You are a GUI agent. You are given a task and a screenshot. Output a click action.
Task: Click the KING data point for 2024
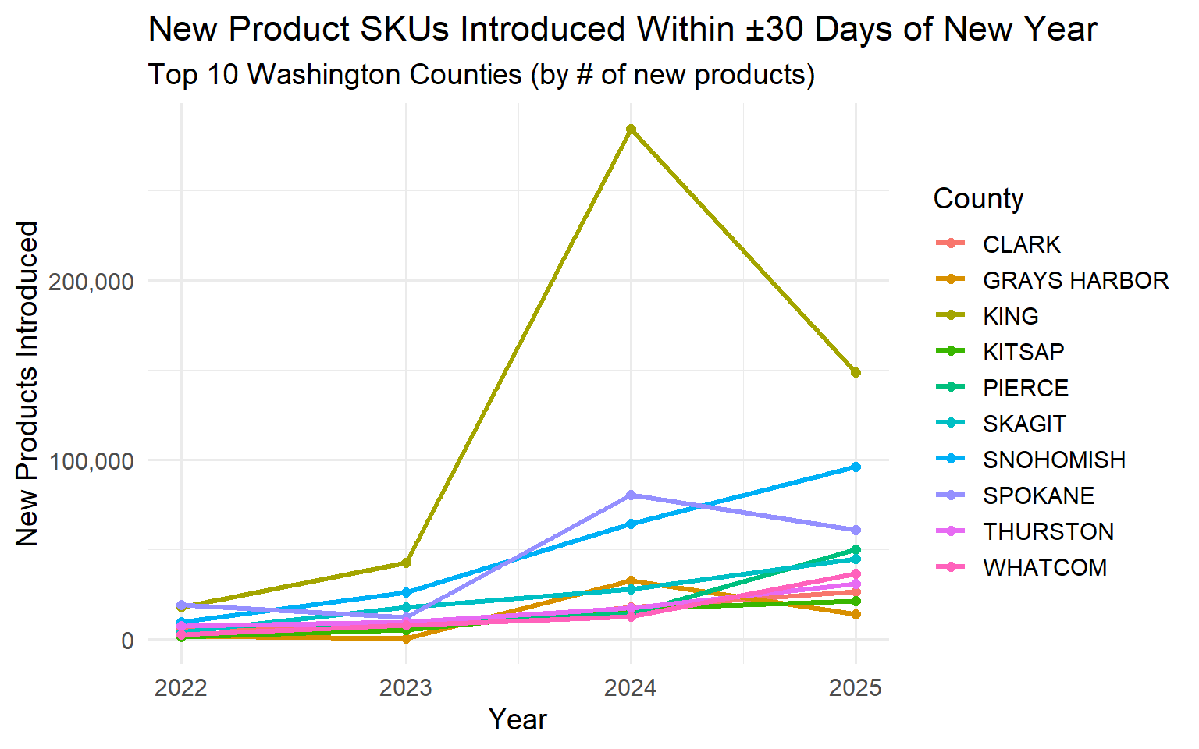point(631,130)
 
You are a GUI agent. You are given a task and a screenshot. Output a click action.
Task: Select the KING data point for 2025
point(856,373)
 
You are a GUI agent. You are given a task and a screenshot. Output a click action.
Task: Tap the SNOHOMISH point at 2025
point(856,467)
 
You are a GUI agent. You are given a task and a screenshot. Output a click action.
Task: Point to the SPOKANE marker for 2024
point(631,495)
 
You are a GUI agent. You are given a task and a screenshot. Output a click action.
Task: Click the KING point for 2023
point(406,563)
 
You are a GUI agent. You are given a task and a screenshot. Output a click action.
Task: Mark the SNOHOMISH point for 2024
point(631,524)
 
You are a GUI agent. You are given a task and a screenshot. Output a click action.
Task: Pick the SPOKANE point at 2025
point(856,531)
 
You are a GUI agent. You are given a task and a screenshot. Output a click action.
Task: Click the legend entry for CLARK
point(1021,245)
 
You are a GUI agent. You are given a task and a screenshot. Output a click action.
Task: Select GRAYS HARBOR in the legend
point(1075,281)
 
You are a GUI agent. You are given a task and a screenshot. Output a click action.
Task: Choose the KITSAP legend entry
point(1023,353)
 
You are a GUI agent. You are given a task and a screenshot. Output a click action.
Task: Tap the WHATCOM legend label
point(1044,568)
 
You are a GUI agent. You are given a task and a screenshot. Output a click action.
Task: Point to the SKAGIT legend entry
point(1023,424)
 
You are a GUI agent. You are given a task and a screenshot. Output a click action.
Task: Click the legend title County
point(978,199)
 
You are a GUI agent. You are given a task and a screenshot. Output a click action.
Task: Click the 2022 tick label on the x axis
point(181,688)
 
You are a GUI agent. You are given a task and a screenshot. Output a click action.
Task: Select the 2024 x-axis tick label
point(631,688)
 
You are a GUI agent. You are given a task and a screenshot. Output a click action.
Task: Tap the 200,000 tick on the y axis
point(91,282)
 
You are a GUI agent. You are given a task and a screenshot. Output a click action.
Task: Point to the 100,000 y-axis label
point(91,461)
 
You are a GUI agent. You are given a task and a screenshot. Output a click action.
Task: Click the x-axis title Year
point(518,720)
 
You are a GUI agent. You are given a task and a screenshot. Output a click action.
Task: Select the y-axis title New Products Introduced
point(28,384)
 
